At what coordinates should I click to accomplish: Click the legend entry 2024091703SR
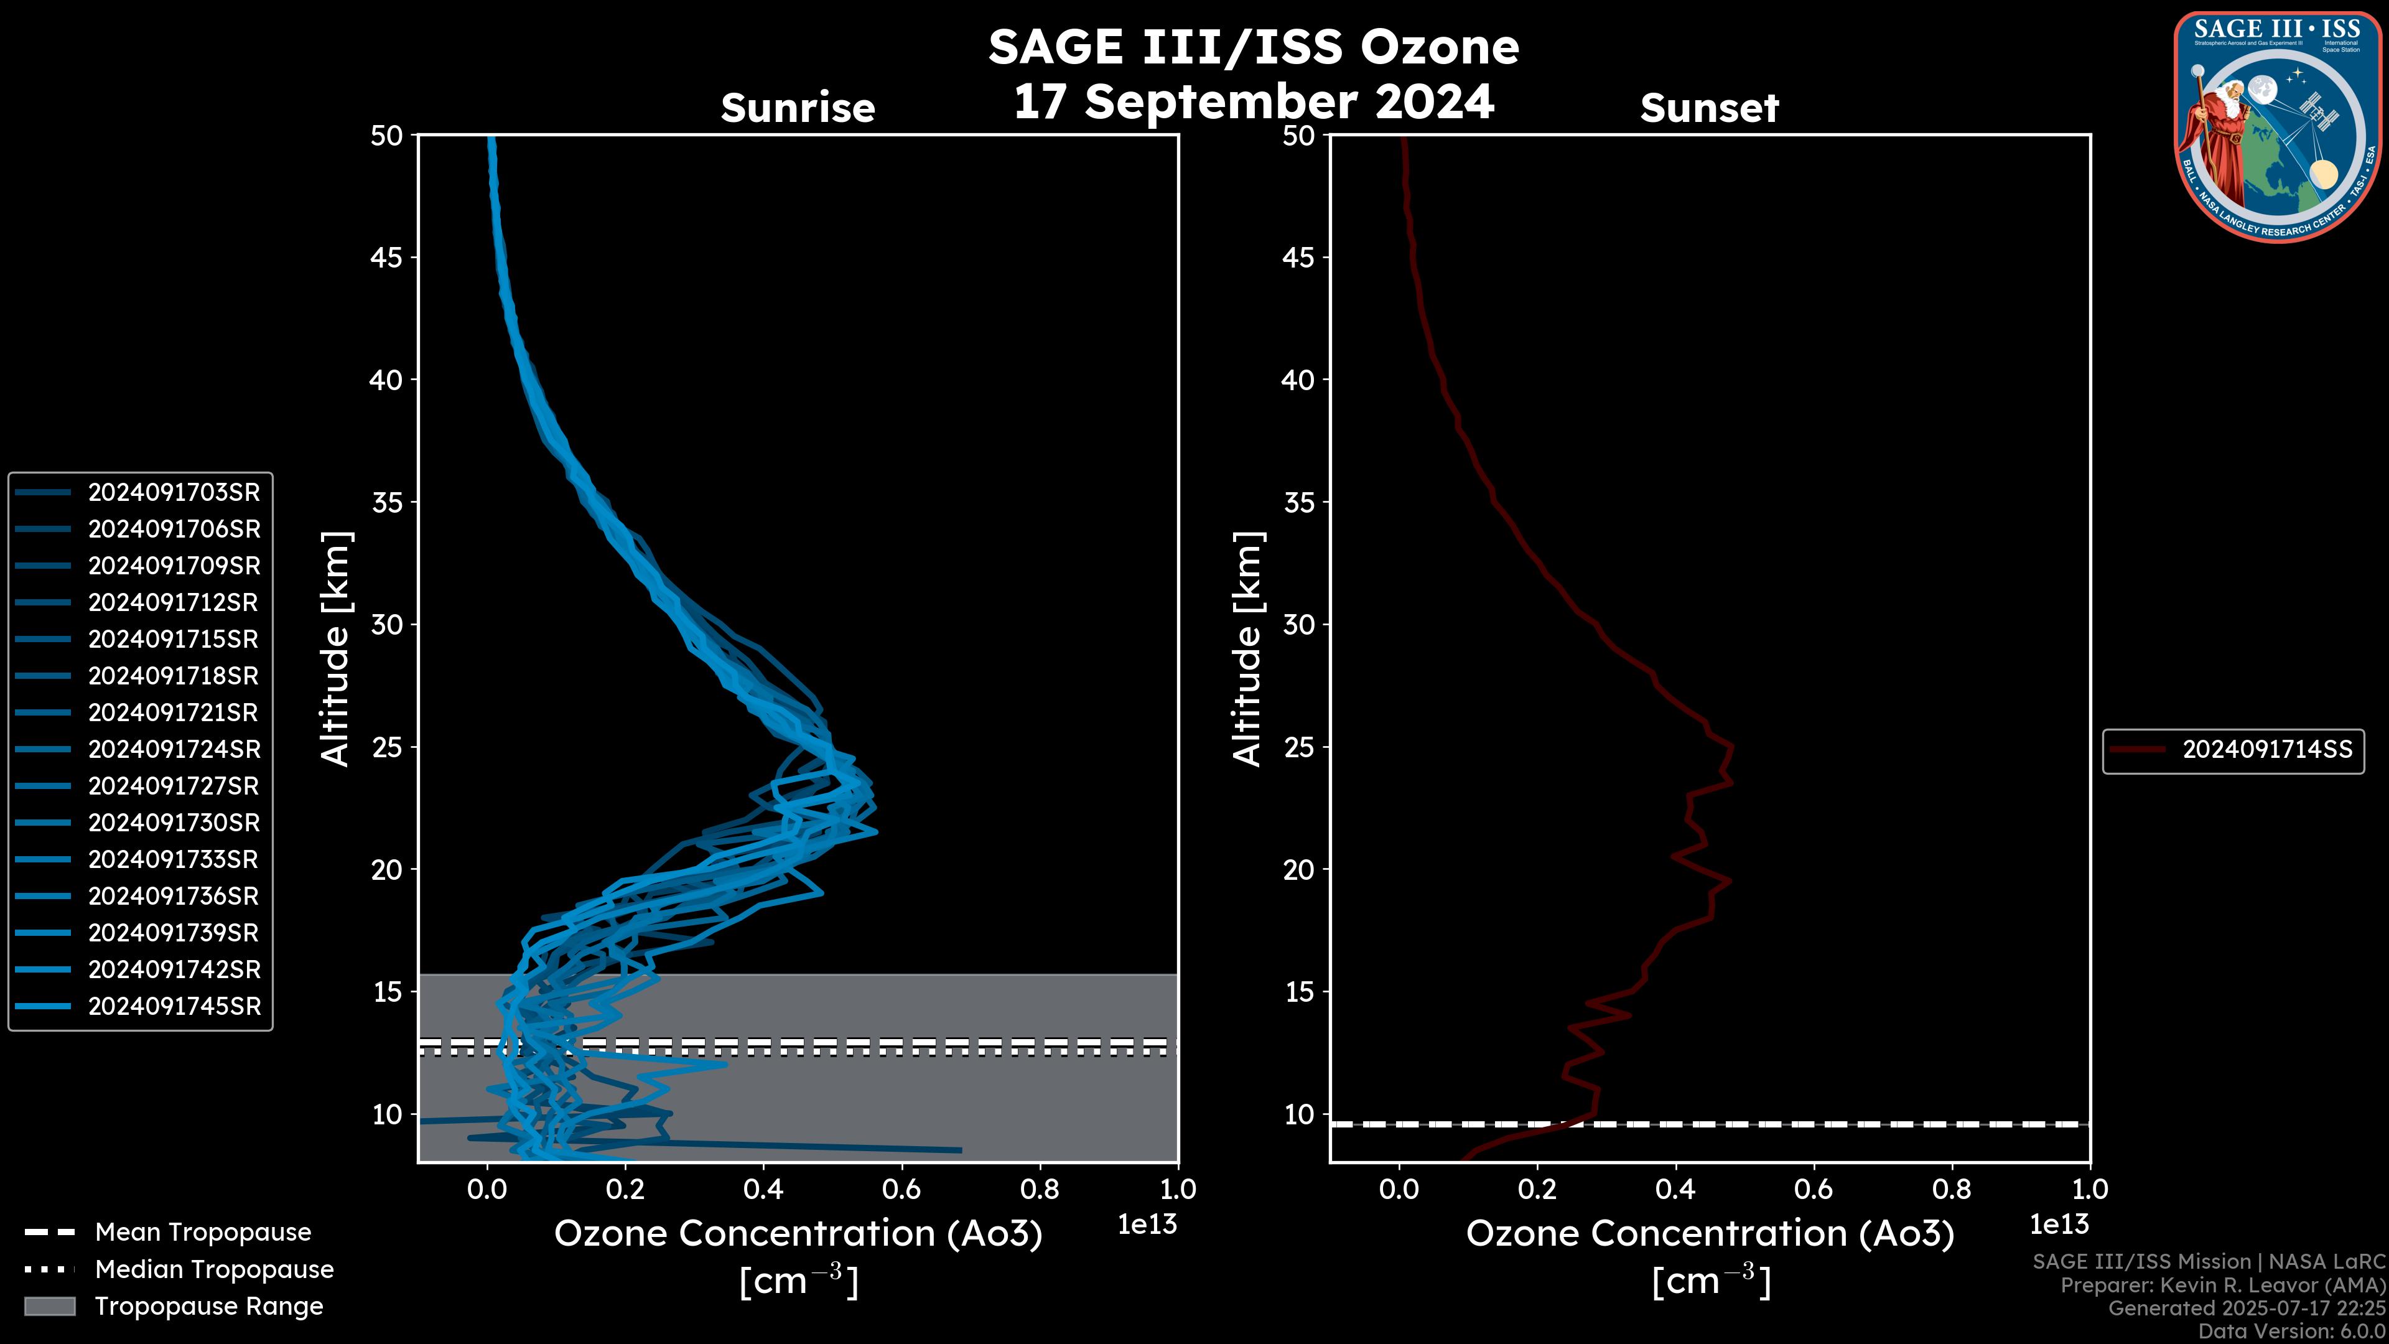coord(174,493)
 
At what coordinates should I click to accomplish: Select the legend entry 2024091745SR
coord(174,1006)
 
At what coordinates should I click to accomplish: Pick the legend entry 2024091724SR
coord(174,749)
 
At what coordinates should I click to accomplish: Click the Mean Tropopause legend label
coord(202,1233)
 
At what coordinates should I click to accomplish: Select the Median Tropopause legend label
coord(213,1270)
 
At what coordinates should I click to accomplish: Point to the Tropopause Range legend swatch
coord(49,1307)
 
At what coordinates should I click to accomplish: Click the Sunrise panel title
coord(798,108)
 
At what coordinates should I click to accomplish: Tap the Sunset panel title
coord(1709,108)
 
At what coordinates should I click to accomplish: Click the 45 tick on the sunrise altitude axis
coord(387,258)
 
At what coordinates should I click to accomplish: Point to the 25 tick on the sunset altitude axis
coord(1298,747)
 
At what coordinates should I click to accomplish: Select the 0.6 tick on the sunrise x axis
coord(901,1189)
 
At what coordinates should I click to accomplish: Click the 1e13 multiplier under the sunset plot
coord(2059,1225)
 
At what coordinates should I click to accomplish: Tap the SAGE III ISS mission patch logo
coord(2278,127)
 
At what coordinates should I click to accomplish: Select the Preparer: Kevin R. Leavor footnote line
coord(2222,1286)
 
